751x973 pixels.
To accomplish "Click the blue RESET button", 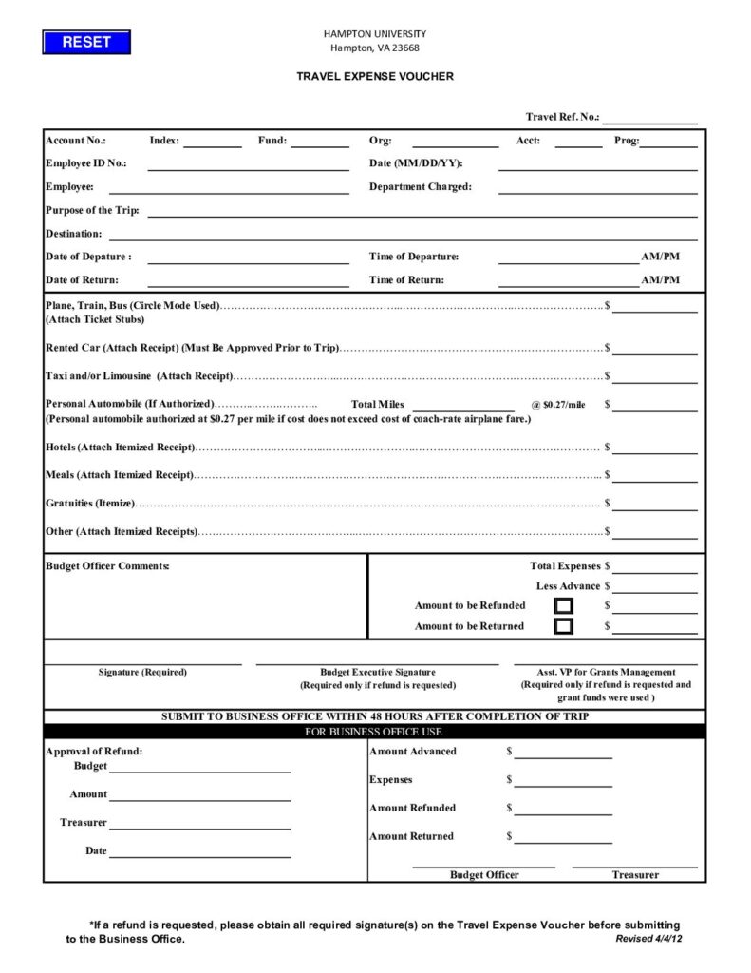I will (86, 42).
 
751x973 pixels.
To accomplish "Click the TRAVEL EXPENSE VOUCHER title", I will (375, 76).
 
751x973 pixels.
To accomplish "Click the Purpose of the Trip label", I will (92, 210).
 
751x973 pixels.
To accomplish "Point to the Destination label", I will (73, 234).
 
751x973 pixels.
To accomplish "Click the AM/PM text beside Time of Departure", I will (660, 257).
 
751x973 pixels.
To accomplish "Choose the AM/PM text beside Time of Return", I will (660, 280).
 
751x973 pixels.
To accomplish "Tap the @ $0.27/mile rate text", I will (558, 405).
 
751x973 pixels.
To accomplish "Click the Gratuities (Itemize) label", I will (90, 504).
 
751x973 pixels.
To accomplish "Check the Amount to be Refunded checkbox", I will (564, 605).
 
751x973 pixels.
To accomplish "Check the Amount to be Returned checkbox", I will (564, 626).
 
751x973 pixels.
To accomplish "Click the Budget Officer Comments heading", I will (107, 566).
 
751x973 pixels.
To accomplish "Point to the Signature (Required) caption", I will (142, 673).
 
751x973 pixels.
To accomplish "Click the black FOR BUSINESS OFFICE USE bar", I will (374, 732).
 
